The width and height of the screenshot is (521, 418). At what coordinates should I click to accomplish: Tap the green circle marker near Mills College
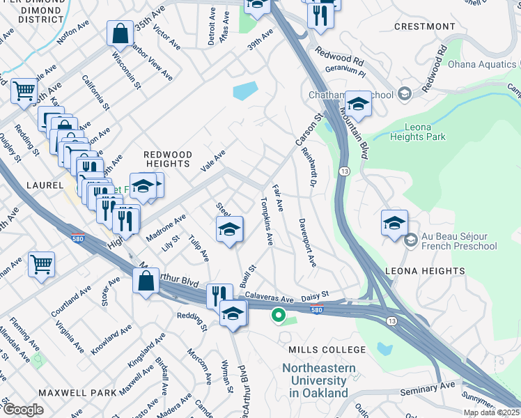pyautogui.click(x=279, y=316)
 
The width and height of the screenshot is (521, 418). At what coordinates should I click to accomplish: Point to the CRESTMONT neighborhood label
pyautogui.click(x=424, y=26)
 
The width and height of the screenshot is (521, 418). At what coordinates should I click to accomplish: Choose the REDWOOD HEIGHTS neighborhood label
pyautogui.click(x=166, y=158)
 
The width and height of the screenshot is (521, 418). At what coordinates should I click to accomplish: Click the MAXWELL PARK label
pyautogui.click(x=77, y=393)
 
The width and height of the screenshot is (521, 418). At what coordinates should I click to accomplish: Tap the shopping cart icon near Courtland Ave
pyautogui.click(x=42, y=263)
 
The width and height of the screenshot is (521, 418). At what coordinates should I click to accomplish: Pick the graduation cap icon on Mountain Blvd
pyautogui.click(x=358, y=104)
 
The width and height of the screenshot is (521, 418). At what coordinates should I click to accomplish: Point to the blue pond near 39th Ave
pyautogui.click(x=244, y=91)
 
